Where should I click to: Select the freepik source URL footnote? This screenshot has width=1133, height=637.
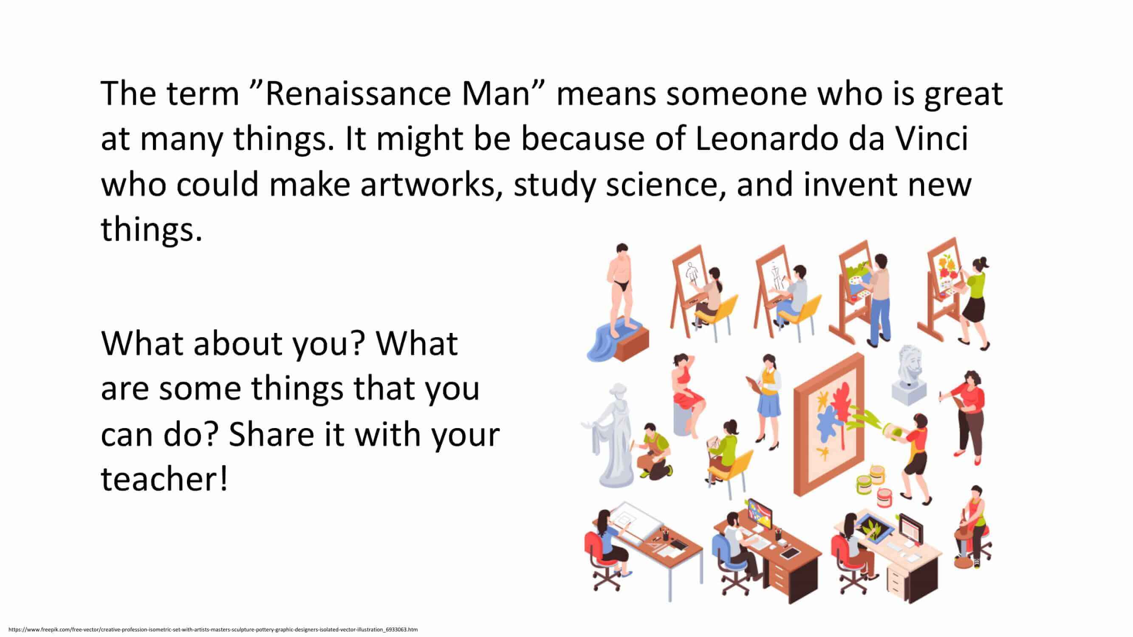[213, 629]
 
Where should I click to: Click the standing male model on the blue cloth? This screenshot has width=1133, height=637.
[620, 290]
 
